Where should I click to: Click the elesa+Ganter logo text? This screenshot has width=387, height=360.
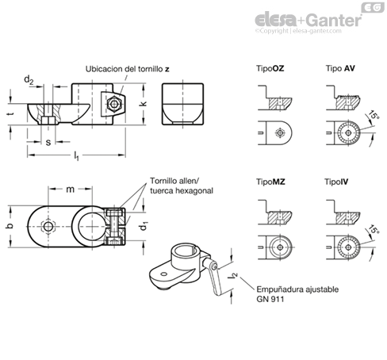pyautogui.click(x=308, y=20)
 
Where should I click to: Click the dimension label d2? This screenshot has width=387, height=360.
pyautogui.click(x=29, y=79)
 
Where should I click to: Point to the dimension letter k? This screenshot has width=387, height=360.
pyautogui.click(x=143, y=104)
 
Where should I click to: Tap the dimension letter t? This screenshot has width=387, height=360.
pyautogui.click(x=10, y=114)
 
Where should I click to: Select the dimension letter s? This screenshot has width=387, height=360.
pyautogui.click(x=48, y=143)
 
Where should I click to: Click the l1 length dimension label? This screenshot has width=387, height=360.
pyautogui.click(x=76, y=155)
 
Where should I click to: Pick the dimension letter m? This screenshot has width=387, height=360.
pyautogui.click(x=70, y=190)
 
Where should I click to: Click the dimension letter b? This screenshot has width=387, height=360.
pyautogui.click(x=10, y=226)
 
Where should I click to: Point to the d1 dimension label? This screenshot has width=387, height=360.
pyautogui.click(x=143, y=227)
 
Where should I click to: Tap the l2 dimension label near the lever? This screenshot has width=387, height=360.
pyautogui.click(x=234, y=276)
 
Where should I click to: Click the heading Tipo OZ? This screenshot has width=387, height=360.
pyautogui.click(x=270, y=68)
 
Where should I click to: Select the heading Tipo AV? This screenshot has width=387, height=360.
pyautogui.click(x=340, y=68)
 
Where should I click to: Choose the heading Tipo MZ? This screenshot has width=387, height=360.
pyautogui.click(x=270, y=182)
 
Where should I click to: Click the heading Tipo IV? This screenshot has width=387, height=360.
pyautogui.click(x=336, y=182)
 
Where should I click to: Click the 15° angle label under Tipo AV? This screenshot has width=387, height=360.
pyautogui.click(x=374, y=116)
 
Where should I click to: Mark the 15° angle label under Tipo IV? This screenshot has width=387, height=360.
pyautogui.click(x=374, y=229)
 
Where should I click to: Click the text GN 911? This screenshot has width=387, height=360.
pyautogui.click(x=270, y=299)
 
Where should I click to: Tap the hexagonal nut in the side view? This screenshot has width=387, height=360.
pyautogui.click(x=113, y=104)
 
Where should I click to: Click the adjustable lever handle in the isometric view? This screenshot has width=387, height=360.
pyautogui.click(x=215, y=279)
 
